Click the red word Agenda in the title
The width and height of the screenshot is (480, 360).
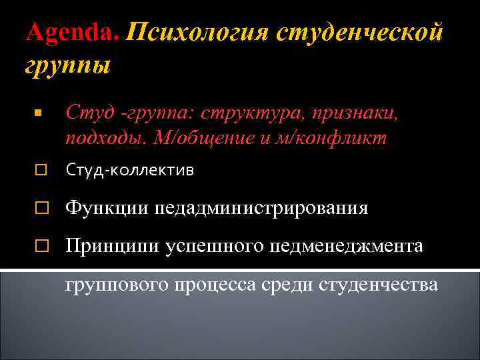pyautogui.click(x=71, y=32)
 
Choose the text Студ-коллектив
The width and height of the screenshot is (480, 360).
pyautogui.click(x=130, y=171)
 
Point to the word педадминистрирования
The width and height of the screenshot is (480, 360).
pyautogui.click(x=261, y=208)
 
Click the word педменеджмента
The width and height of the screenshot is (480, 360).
pyautogui.click(x=347, y=246)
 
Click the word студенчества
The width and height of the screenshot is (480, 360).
pyautogui.click(x=379, y=285)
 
